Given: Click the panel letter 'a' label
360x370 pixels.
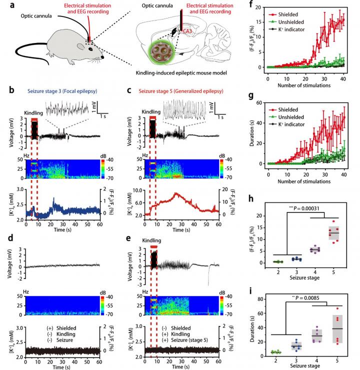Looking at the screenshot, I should coord(11,5).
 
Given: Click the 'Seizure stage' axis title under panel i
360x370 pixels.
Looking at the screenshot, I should coord(300,363).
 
